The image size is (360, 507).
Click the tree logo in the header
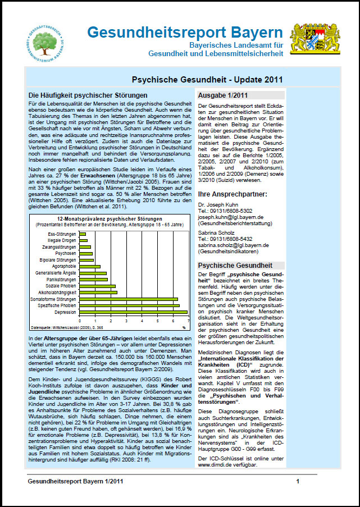coord(48,40)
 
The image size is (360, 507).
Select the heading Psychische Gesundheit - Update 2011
coord(207,80)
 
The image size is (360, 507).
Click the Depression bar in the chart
coord(134,312)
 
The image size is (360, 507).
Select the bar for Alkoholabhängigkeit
coord(98,293)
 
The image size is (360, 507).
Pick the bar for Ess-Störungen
coord(83,234)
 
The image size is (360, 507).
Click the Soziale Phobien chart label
coord(61,286)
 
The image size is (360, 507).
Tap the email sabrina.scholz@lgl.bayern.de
coord(233,245)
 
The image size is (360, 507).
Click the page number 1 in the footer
coord(298,481)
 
